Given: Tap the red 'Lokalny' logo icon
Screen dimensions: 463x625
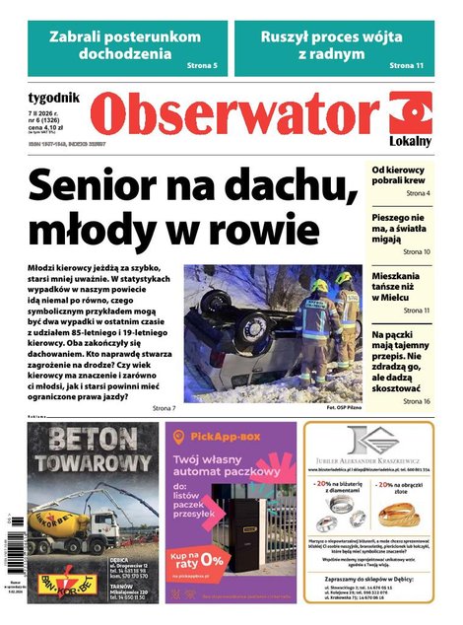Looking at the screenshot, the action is point(410,116).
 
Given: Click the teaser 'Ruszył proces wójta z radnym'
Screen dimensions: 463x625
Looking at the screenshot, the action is point(341,45).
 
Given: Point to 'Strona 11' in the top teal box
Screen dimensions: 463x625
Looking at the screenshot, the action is point(406,65).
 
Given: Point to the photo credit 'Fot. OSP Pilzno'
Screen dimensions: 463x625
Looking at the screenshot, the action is point(332,406).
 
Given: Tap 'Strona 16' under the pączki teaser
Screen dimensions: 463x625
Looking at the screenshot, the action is point(414,401).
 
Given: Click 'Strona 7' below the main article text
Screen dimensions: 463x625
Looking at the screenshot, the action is point(164,407).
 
